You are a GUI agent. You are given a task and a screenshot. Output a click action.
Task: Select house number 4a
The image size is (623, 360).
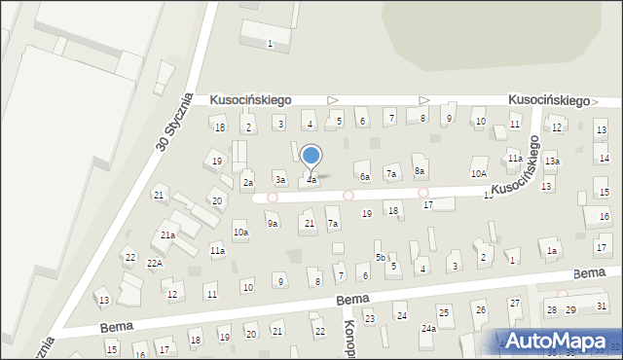(311, 180)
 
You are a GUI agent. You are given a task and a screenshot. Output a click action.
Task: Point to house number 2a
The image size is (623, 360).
(248, 182)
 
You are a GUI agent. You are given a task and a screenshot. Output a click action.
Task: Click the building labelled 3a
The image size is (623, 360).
(280, 180)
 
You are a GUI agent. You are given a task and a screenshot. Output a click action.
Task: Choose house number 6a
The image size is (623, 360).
(365, 177)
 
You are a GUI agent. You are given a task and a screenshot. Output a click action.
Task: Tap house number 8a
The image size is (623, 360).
(420, 171)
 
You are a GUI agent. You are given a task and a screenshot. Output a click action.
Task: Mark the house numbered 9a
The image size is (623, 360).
(274, 224)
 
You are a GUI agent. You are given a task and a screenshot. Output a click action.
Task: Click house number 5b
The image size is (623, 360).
(381, 257)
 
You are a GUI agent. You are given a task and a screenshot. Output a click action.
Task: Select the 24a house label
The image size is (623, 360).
(428, 329)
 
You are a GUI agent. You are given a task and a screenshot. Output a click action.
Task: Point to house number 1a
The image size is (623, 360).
(551, 251)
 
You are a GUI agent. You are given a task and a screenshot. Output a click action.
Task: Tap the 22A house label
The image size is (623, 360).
(154, 264)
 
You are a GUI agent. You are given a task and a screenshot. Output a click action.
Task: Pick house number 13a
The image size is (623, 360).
(552, 162)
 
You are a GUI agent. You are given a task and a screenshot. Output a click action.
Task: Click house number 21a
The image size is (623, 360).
(167, 235)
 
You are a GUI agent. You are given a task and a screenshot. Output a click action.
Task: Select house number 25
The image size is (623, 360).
(444, 312)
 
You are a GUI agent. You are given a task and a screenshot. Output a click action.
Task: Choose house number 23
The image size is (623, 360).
(369, 318)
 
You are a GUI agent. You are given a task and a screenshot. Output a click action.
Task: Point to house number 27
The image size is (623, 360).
(514, 304)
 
